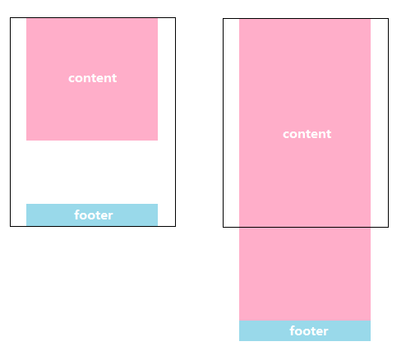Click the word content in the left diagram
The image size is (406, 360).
[x=93, y=78]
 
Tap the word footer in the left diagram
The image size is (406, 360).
[x=94, y=215]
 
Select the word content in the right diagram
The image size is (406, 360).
[x=307, y=134]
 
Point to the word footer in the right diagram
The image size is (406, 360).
[x=309, y=331]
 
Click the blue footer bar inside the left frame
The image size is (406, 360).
[x=92, y=215]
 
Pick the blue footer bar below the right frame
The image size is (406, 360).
[x=305, y=330]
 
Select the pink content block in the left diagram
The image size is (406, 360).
[x=92, y=79]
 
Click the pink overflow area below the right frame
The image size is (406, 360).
[x=305, y=274]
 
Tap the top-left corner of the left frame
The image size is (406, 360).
[x=11, y=18]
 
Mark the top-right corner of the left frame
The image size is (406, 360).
[x=175, y=18]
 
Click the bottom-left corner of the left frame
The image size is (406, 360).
[x=11, y=226]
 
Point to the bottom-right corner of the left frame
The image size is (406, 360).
[x=175, y=226]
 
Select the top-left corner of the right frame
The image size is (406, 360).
[x=224, y=19]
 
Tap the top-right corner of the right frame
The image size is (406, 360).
[x=388, y=19]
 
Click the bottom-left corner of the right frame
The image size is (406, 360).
[x=224, y=227]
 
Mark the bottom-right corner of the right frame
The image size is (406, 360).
[x=388, y=227]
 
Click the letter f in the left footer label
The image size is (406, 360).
[x=77, y=215]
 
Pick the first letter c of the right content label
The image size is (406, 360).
[x=286, y=135]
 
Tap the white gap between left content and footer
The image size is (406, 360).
[x=92, y=172]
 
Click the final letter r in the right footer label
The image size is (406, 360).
[x=325, y=332]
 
